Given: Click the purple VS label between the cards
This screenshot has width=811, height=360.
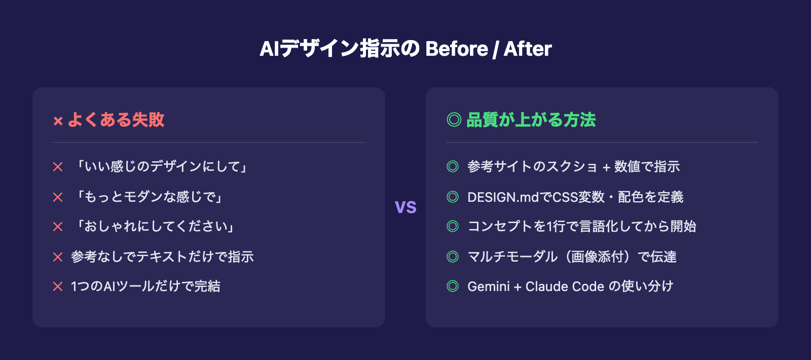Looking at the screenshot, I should pos(405,207).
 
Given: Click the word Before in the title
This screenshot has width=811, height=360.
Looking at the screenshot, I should pos(456,49).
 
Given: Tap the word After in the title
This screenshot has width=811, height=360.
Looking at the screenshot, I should pos(527,49).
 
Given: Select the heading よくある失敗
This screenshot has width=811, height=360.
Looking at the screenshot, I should pos(116,120).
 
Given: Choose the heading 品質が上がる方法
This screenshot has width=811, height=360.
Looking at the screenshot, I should pos(531,120).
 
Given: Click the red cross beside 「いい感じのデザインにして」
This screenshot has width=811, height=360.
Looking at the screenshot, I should pos(58,167).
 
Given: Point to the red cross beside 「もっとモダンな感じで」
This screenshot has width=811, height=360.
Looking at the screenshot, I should pos(58,197).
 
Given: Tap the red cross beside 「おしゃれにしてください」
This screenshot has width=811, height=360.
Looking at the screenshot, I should pos(58,227).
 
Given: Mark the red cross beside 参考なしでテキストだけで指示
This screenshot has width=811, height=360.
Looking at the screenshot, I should pos(58,257).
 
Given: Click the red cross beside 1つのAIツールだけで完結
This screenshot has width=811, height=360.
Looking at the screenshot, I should pos(58,286).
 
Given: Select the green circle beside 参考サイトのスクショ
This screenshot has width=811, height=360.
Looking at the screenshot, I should pos(453,166).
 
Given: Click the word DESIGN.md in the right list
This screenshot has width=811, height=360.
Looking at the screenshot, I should pos(503,197).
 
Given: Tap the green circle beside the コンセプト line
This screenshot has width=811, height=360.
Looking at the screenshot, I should pos(453,226).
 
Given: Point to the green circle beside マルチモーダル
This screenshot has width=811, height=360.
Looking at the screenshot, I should pos(453,257).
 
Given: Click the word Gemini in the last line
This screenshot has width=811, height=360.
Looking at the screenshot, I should pos(488,286).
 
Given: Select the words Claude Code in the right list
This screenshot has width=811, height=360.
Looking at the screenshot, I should pos(565,286).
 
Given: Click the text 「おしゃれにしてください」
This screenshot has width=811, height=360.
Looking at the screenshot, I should pos(155,227).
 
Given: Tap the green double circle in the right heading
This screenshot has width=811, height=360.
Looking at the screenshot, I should pos(454,120).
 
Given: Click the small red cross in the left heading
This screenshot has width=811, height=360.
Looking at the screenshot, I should pos(58,121).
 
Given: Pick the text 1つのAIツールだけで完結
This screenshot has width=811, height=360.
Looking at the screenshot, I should pos(145,286).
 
